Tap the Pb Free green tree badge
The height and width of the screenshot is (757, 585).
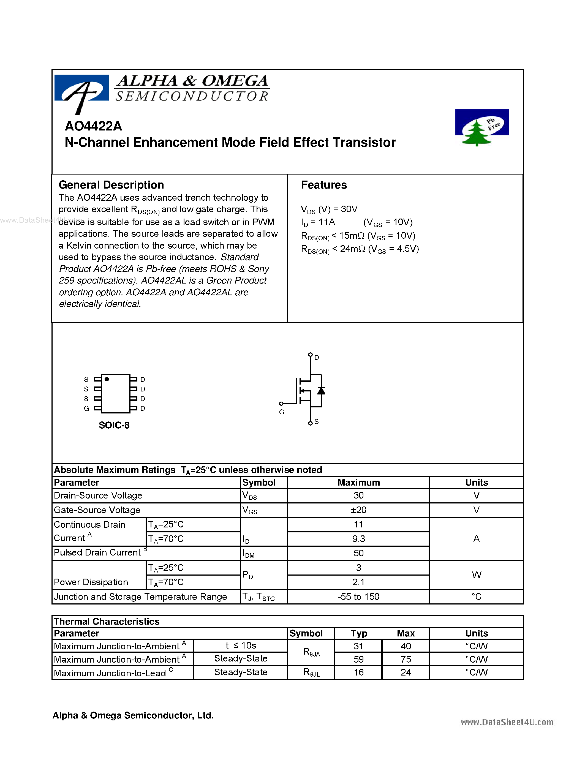coord(481,127)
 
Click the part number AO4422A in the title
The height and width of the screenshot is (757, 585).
coord(93,126)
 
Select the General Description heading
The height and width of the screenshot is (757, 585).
coord(111,185)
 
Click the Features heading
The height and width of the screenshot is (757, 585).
coord(324,185)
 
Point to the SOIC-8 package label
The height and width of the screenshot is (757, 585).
coord(114,425)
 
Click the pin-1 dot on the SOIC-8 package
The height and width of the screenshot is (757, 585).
coord(107,379)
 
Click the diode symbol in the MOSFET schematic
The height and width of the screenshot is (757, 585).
coord(321,391)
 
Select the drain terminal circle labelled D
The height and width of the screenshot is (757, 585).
coord(310,355)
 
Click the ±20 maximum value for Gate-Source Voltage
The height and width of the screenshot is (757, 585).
coord(358,510)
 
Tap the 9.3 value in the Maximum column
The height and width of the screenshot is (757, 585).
coord(358,539)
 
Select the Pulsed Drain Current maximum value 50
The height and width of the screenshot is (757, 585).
coord(358,553)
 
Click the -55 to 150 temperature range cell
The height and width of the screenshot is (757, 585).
coord(358,597)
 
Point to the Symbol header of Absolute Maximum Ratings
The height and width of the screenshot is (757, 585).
coord(259,483)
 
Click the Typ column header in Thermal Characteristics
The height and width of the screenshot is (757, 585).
coord(358,633)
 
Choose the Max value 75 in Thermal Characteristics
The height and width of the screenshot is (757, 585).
coord(406,659)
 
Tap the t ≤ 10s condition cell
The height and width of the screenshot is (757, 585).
coord(241,646)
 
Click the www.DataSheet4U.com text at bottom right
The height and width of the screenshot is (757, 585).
coord(507,722)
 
